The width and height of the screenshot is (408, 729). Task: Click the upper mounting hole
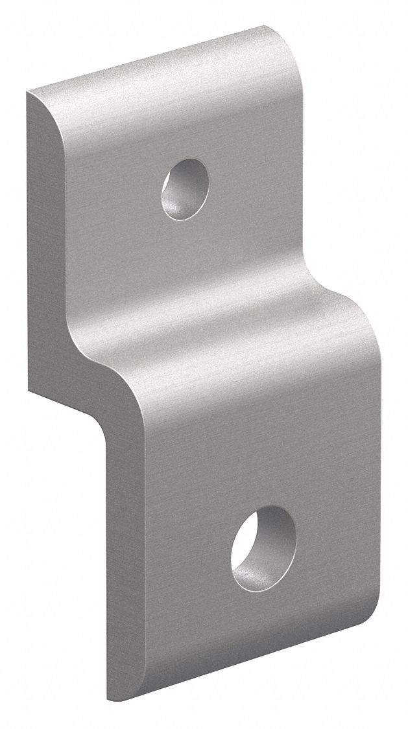click(186, 188)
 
